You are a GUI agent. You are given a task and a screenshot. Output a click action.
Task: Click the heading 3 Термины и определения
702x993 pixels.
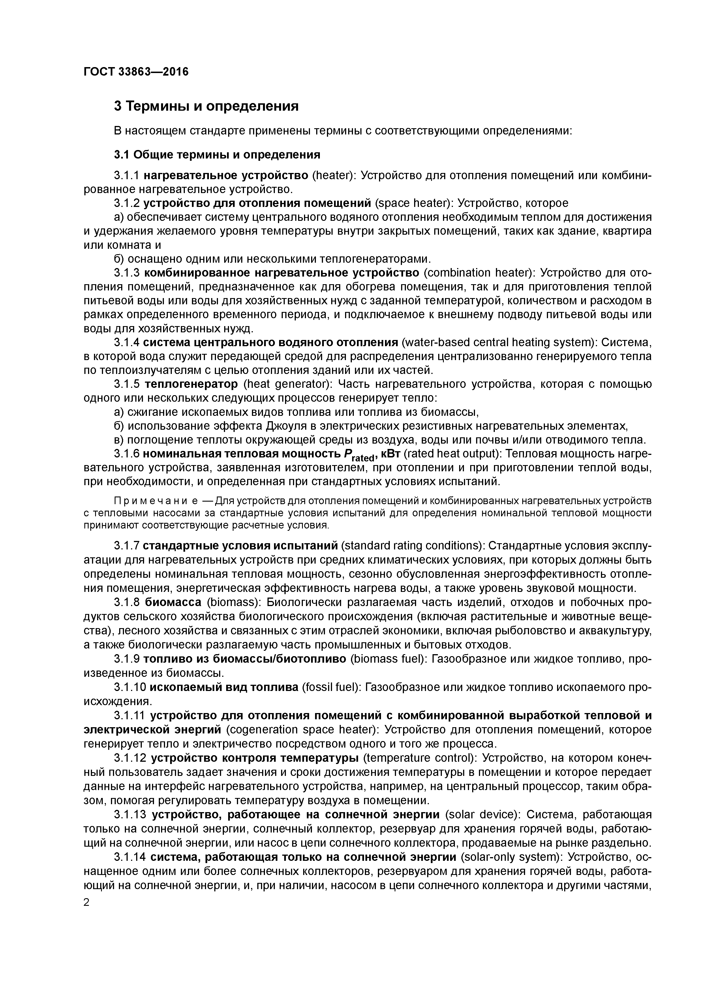pos(206,106)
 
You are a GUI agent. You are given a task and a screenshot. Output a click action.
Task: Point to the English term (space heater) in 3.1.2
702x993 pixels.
pos(413,203)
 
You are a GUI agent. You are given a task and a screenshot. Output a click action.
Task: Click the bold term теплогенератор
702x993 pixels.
pos(191,384)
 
